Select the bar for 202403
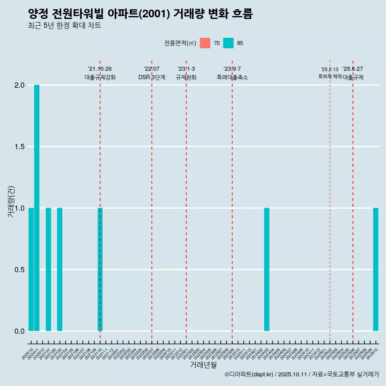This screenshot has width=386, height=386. [x=267, y=269]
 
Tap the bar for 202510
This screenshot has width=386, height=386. [x=376, y=269]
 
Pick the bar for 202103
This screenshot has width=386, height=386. [x=60, y=269]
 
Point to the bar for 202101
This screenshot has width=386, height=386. [x=48, y=269]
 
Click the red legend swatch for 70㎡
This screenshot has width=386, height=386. [x=205, y=43]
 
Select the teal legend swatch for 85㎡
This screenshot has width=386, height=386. [x=228, y=43]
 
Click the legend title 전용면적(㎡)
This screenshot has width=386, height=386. [x=180, y=43]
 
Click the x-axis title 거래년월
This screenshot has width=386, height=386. [x=203, y=365]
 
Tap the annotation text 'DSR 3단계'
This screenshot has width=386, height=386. [x=152, y=77]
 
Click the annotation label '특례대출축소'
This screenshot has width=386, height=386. [x=232, y=77]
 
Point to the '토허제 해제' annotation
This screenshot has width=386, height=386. [x=330, y=76]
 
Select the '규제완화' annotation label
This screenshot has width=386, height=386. [x=186, y=77]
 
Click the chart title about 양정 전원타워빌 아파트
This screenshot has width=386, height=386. [x=140, y=14]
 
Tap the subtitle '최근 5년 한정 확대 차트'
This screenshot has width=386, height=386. [x=64, y=26]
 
